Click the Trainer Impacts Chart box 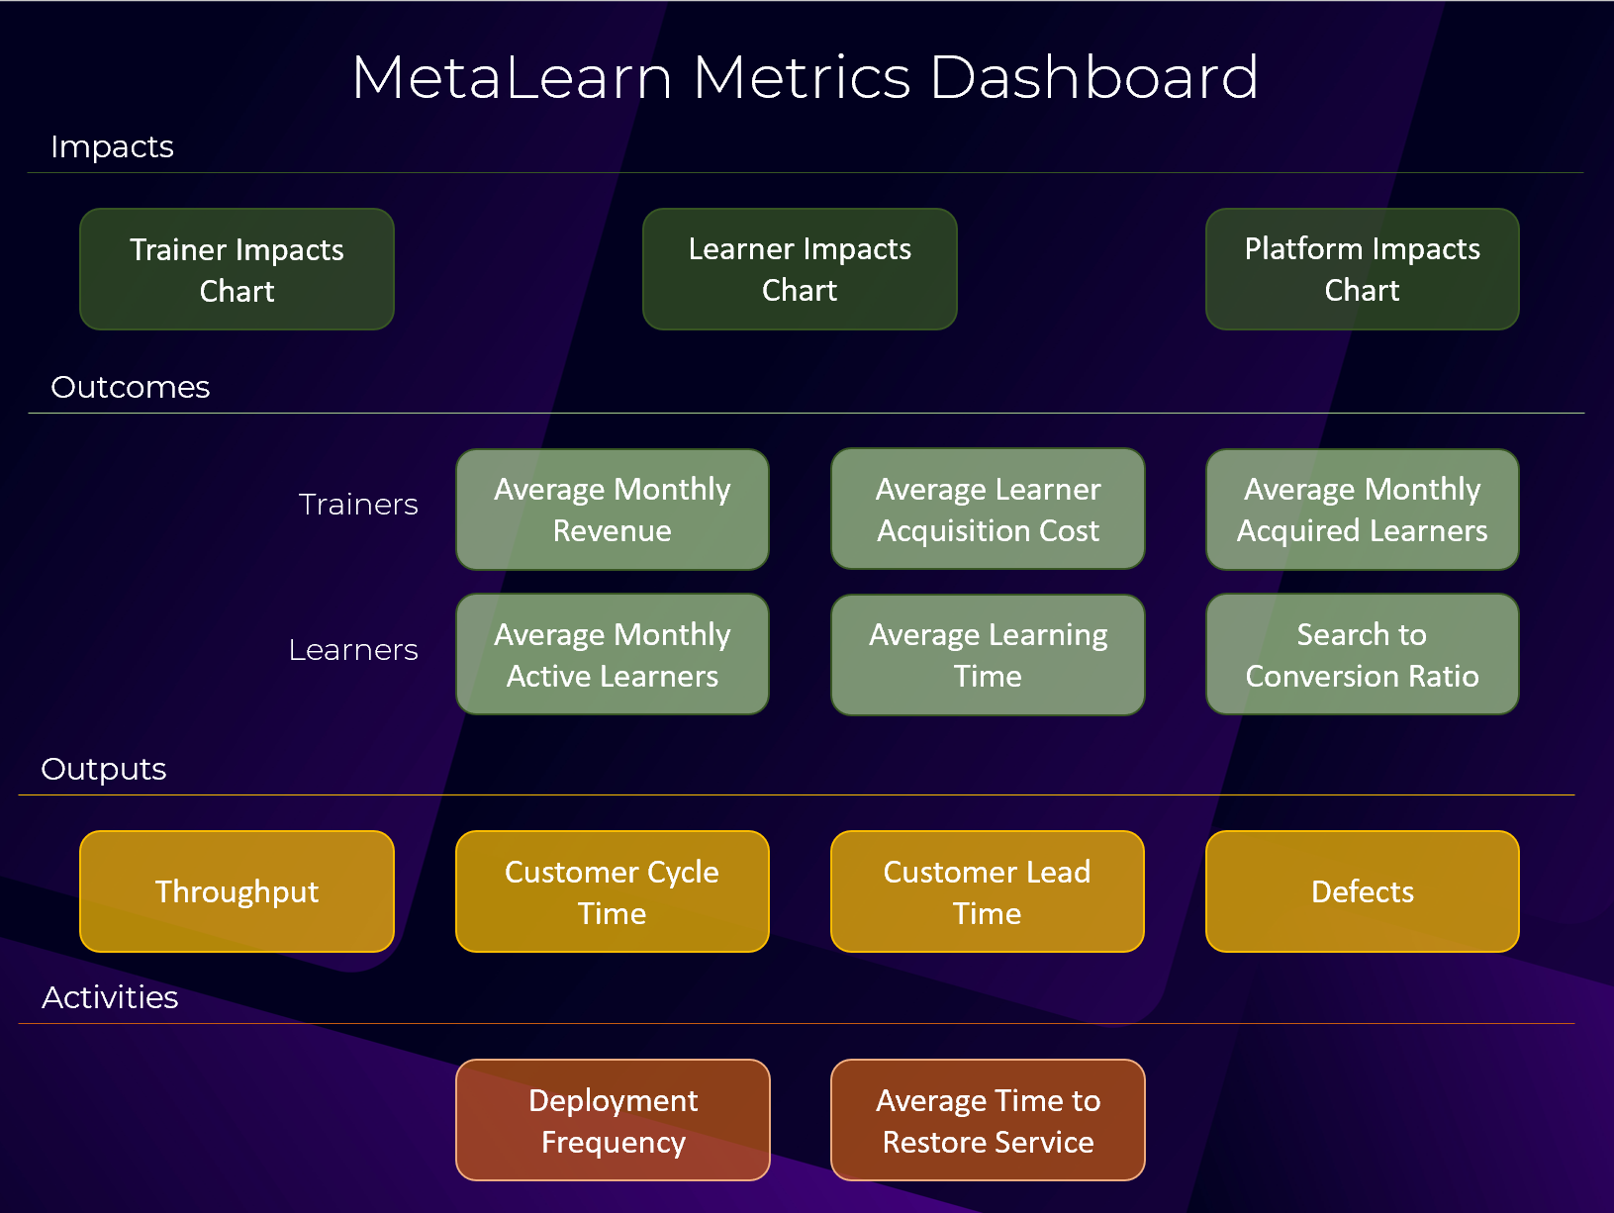tap(237, 269)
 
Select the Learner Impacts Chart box tap(800, 269)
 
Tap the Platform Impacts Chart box tap(1362, 269)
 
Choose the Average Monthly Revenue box tap(612, 510)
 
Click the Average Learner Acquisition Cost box tap(988, 510)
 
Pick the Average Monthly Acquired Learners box tap(1362, 510)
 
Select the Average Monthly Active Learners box tap(612, 654)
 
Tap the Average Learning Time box tap(988, 654)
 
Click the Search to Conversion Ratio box tap(1362, 654)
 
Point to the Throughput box tap(237, 891)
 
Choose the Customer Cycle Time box tap(612, 891)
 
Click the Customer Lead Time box tap(988, 891)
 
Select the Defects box tap(1362, 891)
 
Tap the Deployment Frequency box tap(613, 1120)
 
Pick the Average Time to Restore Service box tap(988, 1120)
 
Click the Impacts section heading tap(112, 146)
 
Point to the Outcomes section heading tap(130, 387)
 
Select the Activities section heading tap(110, 997)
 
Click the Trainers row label tap(358, 505)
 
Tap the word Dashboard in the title tap(1093, 77)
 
